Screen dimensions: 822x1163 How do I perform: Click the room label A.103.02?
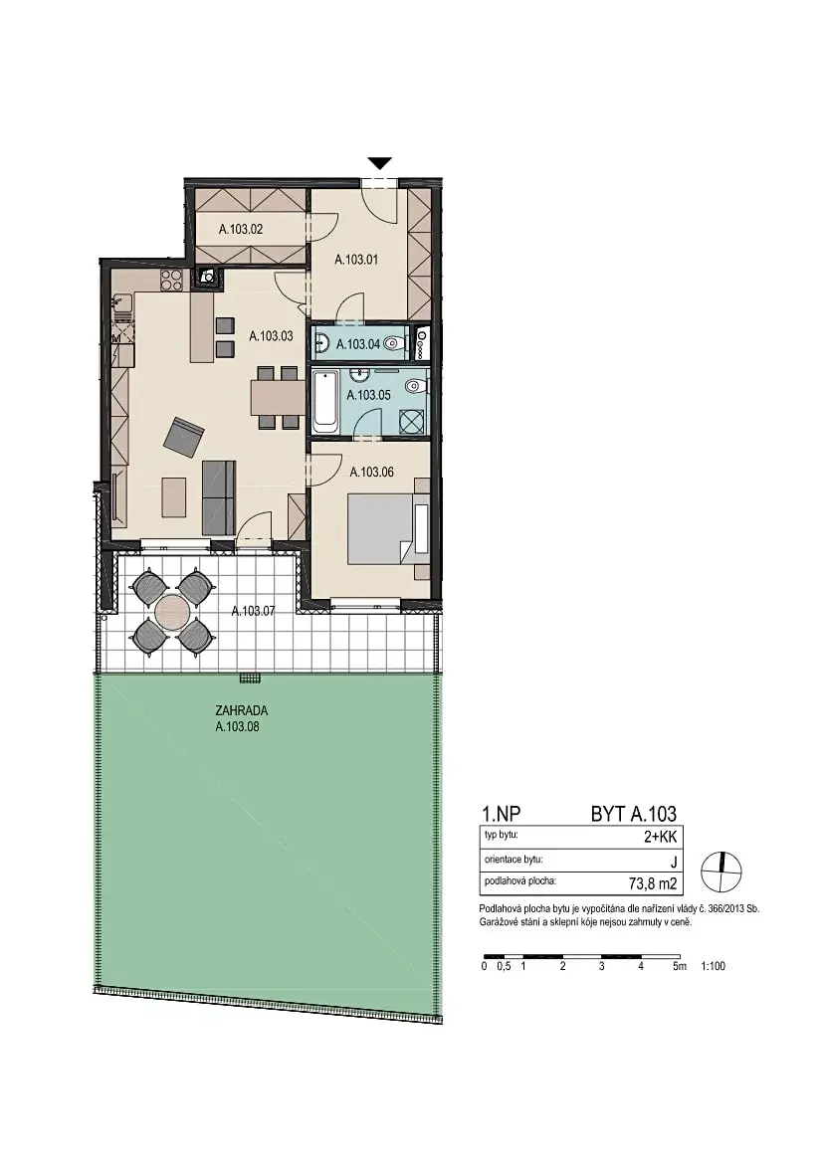(x=241, y=230)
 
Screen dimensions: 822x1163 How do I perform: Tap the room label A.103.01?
(x=357, y=260)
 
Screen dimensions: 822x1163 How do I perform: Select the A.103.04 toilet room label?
(x=358, y=344)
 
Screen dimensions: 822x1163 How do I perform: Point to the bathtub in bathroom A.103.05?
(x=324, y=404)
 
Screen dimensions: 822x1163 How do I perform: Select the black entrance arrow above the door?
(x=380, y=163)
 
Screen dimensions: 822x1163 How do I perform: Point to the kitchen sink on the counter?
(x=121, y=304)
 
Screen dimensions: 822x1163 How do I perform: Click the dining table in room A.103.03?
(x=277, y=397)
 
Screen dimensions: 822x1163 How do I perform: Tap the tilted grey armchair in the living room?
(x=183, y=436)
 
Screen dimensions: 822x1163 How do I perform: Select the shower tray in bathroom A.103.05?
(x=411, y=421)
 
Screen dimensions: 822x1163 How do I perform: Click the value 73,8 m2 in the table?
(x=653, y=883)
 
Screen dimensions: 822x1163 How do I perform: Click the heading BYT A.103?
(x=634, y=814)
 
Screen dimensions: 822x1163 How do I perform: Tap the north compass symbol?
(x=721, y=871)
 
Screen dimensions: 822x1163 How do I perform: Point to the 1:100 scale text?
(x=713, y=966)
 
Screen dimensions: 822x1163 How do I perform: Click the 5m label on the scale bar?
(x=680, y=966)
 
